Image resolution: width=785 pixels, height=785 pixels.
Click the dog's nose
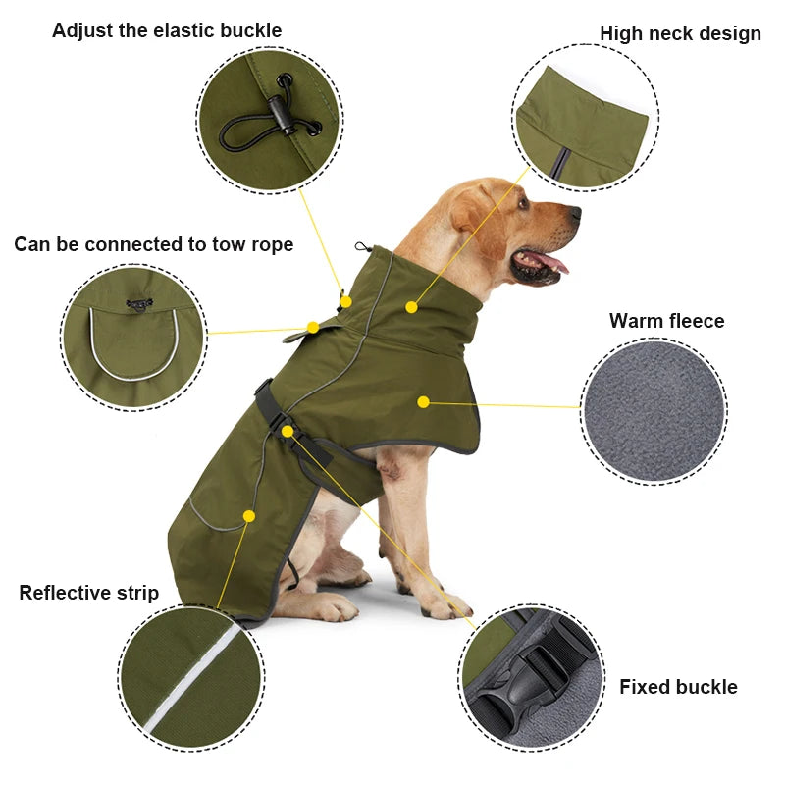pos(575,213)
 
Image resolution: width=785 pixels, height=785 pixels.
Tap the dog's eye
pos(524,203)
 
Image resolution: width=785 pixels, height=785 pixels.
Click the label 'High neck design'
pos(680,33)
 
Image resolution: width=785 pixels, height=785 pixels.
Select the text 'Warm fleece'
pos(667,321)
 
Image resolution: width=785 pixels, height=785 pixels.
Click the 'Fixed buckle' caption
pos(678,686)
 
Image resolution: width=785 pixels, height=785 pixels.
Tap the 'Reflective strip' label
pos(89,593)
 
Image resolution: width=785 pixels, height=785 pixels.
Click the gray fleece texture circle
pos(654,411)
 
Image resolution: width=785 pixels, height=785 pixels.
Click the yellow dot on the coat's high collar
pos(411,307)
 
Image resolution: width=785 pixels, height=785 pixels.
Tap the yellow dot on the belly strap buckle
pos(287,431)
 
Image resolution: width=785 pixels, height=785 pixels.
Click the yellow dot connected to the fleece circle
pos(423,402)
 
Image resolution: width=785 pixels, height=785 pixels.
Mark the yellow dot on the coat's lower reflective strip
pos(249,516)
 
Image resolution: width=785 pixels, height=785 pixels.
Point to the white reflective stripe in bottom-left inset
pos(190,678)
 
